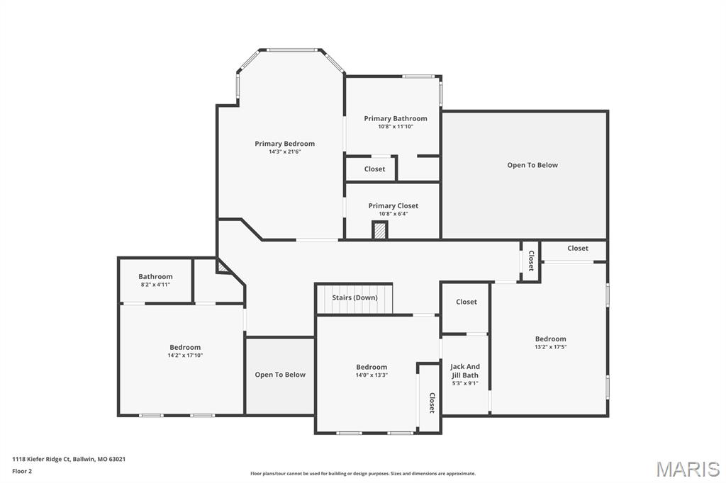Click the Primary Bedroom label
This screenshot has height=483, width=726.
coord(284,144)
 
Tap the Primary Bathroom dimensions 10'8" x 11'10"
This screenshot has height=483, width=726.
coord(395,127)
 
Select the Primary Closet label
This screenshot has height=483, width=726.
coord(393,205)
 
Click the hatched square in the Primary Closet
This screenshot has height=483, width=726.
coord(380,231)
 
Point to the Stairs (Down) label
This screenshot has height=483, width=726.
coord(354,297)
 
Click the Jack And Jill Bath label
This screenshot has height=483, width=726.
coord(465,371)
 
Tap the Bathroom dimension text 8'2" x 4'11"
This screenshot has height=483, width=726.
coord(155,285)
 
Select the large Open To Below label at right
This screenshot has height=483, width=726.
coord(532,165)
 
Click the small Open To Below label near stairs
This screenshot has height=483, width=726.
coord(280,375)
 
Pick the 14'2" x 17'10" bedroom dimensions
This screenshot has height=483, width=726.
coord(184,356)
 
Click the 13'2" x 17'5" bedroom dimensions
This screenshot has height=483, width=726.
coord(550,347)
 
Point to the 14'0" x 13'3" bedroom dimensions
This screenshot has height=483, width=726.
coord(372,375)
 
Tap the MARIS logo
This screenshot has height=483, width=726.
coord(687,469)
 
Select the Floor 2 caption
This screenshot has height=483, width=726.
coord(22,471)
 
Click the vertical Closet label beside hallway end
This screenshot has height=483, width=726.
coord(530,261)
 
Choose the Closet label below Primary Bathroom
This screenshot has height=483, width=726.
coord(374,169)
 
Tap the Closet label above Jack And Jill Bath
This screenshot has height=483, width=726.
coord(466,302)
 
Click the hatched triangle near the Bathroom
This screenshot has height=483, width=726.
coord(223,266)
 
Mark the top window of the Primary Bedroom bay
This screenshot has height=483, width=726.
coord(292,50)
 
